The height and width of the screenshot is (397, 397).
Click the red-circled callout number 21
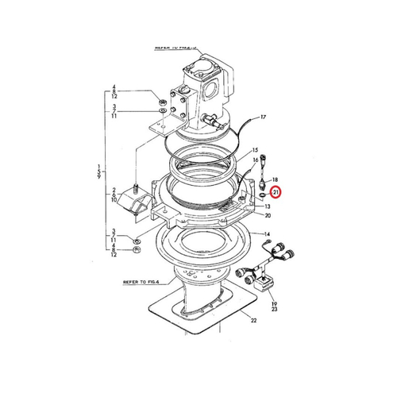[276, 192]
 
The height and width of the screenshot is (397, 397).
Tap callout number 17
[264, 118]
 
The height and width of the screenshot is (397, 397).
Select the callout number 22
[253, 320]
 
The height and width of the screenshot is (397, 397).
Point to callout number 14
[268, 235]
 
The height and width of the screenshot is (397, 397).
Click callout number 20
[268, 216]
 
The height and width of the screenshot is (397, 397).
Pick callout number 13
[268, 205]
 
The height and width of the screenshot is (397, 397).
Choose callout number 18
[275, 180]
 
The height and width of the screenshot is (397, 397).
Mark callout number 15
[255, 149]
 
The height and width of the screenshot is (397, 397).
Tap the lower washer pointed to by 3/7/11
[137, 239]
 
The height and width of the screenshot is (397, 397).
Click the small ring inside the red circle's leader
[262, 191]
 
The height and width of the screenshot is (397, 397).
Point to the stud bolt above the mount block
[137, 188]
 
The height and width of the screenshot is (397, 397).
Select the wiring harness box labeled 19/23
[264, 283]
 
